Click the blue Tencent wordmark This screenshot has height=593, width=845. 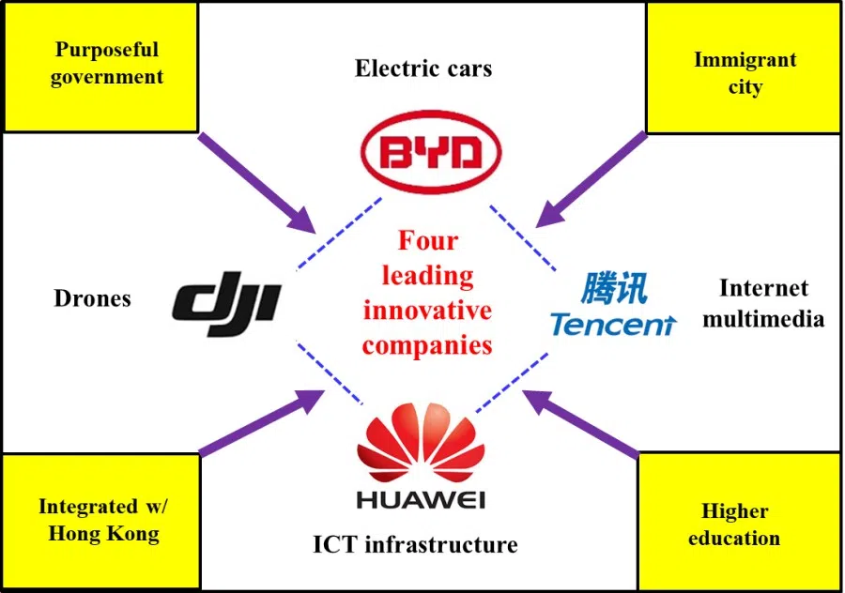click(612, 325)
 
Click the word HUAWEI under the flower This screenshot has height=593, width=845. click(421, 498)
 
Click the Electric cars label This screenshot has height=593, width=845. click(423, 68)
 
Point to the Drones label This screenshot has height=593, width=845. click(92, 299)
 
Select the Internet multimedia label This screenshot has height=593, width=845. click(762, 302)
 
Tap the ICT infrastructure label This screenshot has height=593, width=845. click(415, 544)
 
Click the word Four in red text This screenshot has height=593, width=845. click(427, 241)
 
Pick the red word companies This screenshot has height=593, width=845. click(427, 344)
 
